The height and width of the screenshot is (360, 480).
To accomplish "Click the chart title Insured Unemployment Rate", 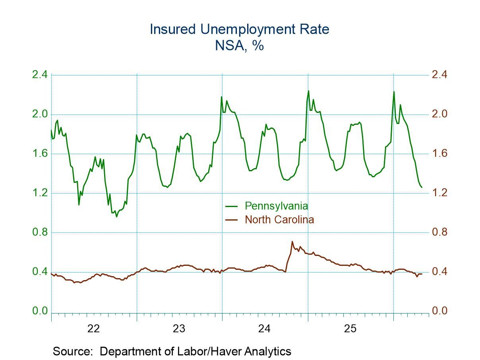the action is tap(240, 29).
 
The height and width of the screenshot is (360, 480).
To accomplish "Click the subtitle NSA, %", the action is tap(240, 45).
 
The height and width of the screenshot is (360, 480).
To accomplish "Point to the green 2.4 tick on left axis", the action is tap(40, 75).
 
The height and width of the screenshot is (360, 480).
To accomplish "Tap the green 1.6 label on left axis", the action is tap(40, 154).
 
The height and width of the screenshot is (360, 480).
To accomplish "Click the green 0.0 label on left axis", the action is tap(40, 311).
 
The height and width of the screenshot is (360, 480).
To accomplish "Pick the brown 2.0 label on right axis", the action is tap(439, 114).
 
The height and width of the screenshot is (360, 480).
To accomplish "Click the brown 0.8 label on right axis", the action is tap(439, 232).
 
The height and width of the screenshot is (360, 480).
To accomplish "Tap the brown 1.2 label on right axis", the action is tap(439, 193).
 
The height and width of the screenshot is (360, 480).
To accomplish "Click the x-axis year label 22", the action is tap(94, 329).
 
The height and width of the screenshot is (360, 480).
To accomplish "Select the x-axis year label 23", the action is tap(179, 329).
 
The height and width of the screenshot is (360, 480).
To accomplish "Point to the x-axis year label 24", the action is tap(264, 329).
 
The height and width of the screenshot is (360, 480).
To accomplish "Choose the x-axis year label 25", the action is tap(350, 329).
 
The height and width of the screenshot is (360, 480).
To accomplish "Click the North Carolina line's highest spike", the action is tap(292, 242).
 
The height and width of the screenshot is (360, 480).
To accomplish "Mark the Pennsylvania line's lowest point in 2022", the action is tap(116, 217).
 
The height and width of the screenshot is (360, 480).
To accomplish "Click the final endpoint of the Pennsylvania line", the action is tap(422, 187).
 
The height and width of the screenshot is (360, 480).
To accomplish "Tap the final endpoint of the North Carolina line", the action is tap(422, 274).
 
